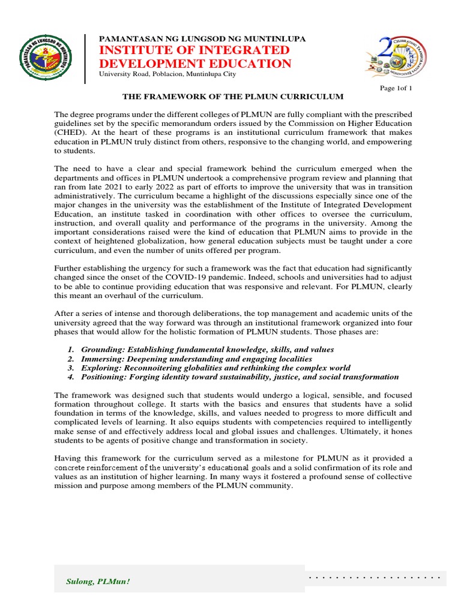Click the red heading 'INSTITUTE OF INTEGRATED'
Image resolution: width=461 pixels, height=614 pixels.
point(190,50)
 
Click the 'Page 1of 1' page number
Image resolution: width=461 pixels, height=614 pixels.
point(397,88)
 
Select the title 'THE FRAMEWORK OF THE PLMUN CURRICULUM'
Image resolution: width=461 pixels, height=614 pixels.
point(233,97)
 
